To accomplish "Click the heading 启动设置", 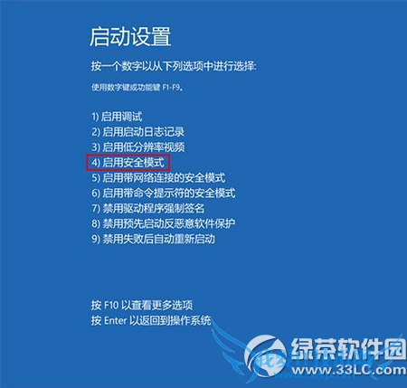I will [x=130, y=37].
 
